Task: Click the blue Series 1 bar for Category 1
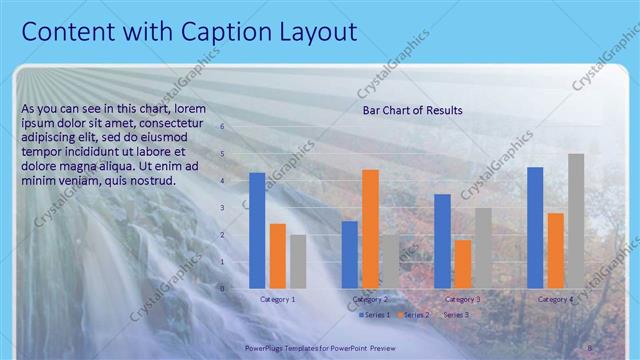(257, 230)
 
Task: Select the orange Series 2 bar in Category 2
(370, 228)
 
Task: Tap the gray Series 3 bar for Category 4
(576, 221)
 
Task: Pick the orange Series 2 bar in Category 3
(463, 263)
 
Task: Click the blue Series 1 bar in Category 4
(535, 227)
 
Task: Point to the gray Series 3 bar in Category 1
(298, 261)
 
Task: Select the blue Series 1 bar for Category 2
(350, 254)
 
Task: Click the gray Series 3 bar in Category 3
(483, 247)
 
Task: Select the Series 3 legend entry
(455, 315)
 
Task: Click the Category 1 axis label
(277, 300)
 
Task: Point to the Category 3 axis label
(463, 300)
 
